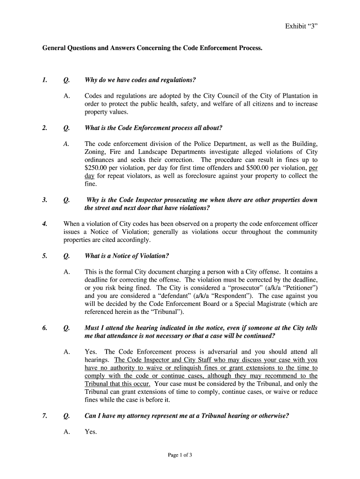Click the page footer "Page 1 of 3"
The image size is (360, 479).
180,455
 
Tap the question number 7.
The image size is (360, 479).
44,415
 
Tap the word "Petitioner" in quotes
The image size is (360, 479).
298,288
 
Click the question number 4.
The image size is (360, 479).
44,224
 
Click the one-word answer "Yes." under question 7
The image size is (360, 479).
91,432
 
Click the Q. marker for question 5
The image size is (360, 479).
66,256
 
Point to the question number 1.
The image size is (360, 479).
44,80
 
